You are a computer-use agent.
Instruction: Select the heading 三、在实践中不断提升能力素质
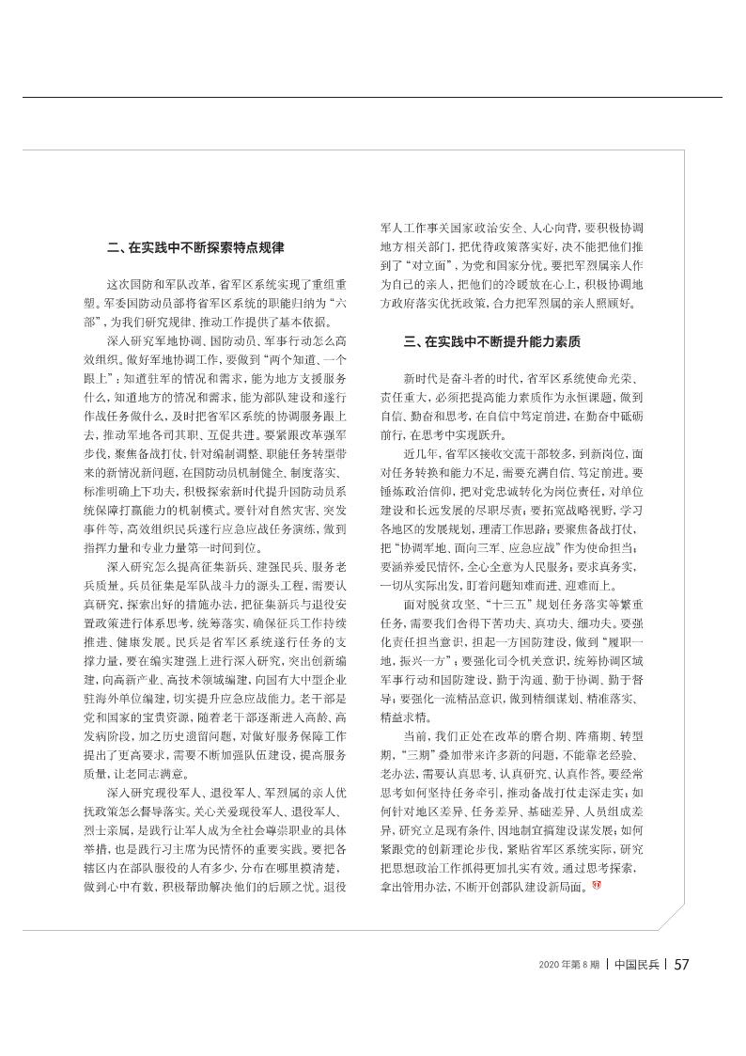coord(491,340)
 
